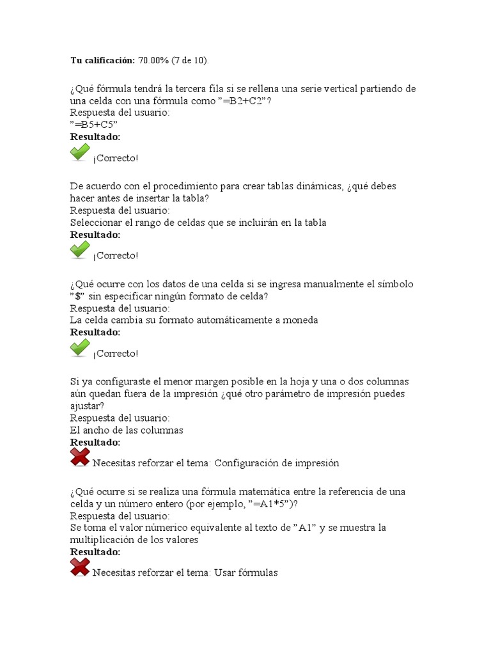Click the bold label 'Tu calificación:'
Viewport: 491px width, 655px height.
(102, 60)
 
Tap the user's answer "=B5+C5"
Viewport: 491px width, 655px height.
(94, 125)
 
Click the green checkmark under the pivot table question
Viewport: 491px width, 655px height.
(80, 251)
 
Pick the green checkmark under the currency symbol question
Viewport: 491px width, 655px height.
(80, 349)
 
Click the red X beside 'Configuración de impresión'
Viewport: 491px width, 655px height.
(80, 458)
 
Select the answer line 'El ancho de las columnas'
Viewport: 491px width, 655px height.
(127, 430)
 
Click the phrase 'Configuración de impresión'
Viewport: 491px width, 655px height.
(276, 463)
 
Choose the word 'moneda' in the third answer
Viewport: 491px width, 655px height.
(300, 320)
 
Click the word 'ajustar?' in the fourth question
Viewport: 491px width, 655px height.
(88, 406)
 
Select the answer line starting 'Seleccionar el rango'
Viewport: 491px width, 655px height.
(198, 223)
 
